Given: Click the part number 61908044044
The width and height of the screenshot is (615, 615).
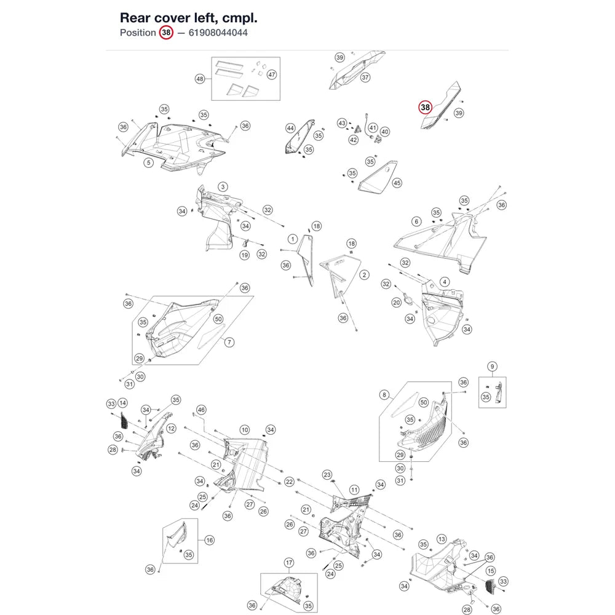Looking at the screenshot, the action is pyautogui.click(x=218, y=33).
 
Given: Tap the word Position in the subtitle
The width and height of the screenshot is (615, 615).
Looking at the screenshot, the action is pyautogui.click(x=138, y=33).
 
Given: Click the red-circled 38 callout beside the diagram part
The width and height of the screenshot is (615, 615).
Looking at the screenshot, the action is pyautogui.click(x=425, y=107).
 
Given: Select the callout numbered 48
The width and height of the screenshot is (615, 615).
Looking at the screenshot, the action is pyautogui.click(x=200, y=79).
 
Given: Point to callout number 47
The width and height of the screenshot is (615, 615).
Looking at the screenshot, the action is pyautogui.click(x=271, y=74).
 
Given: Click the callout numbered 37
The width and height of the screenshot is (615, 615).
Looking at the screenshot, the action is pyautogui.click(x=365, y=77).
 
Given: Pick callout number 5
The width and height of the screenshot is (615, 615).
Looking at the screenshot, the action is pyautogui.click(x=148, y=162).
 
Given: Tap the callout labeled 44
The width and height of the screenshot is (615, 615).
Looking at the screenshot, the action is pyautogui.click(x=290, y=129).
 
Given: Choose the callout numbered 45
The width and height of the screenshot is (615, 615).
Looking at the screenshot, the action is pyautogui.click(x=397, y=183).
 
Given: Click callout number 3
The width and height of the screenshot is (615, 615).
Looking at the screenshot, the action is pyautogui.click(x=223, y=187).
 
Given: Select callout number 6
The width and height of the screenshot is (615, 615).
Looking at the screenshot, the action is pyautogui.click(x=416, y=221).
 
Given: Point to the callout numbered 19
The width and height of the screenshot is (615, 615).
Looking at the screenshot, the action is pyautogui.click(x=245, y=255).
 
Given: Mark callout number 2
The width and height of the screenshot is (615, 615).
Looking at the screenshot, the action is pyautogui.click(x=364, y=275).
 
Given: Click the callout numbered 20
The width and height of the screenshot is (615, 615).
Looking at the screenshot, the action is pyautogui.click(x=397, y=303).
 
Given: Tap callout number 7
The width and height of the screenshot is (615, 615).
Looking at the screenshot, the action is pyautogui.click(x=229, y=343).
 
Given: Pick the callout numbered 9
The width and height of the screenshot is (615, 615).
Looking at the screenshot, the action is pyautogui.click(x=492, y=367).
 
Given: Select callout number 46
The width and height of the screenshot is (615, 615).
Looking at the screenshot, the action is pyautogui.click(x=201, y=410).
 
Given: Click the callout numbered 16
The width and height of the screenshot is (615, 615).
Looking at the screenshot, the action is pyautogui.click(x=210, y=540).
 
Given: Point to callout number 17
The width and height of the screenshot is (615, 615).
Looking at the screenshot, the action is pyautogui.click(x=289, y=563).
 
